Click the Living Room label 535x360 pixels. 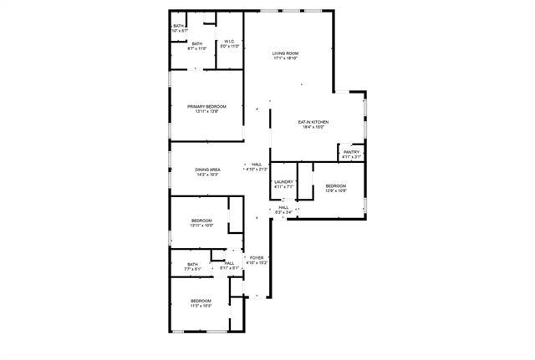coord(285,53)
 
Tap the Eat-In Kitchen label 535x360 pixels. coord(313,122)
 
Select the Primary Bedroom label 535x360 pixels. coord(207,106)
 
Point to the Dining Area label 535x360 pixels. coord(207,170)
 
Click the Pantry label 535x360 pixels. coord(351,152)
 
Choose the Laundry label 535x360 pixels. coord(284,181)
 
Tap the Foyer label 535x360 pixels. coord(257,258)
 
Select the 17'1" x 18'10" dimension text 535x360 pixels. coord(285,58)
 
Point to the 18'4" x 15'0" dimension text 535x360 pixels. coord(313,127)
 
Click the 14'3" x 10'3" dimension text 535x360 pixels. coord(207,175)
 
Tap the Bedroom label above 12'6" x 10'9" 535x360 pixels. coord(336,185)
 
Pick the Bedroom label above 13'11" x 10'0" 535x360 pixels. coord(201,221)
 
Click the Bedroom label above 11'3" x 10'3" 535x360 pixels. coord(201,301)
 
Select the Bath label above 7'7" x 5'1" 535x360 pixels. coord(193,265)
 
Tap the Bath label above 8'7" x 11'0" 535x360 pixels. coord(197,44)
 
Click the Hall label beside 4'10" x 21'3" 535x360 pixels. coord(257,164)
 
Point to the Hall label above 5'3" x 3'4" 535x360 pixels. coord(283,207)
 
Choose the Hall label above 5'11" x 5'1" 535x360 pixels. coord(229,263)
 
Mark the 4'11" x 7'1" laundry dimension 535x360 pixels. coord(284,186)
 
